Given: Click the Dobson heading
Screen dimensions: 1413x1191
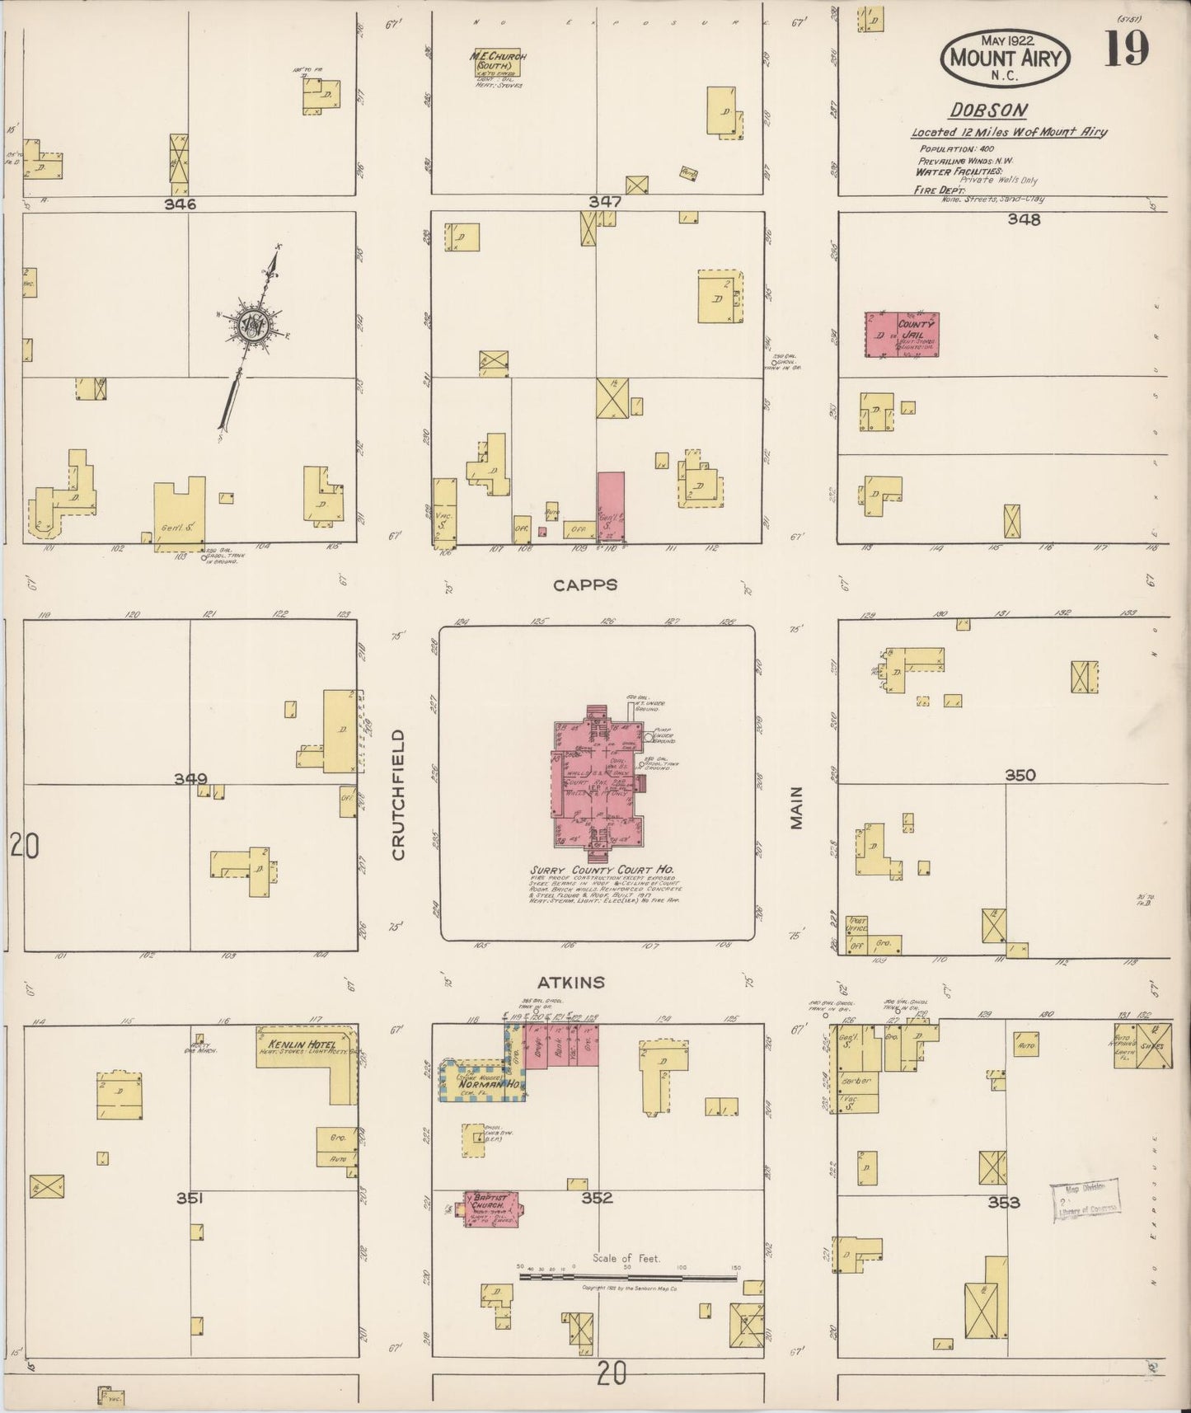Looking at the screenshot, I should pyautogui.click(x=977, y=110).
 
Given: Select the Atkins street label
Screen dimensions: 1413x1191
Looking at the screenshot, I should pyautogui.click(x=570, y=983).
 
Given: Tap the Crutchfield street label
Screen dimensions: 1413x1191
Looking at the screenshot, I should pyautogui.click(x=399, y=795).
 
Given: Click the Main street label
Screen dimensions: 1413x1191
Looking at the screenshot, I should pyautogui.click(x=796, y=807).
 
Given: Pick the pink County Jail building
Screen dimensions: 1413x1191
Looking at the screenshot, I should pyautogui.click(x=902, y=335).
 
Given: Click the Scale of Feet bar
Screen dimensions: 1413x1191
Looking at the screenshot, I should pyautogui.click(x=627, y=1278).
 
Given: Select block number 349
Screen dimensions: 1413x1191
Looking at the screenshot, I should pyautogui.click(x=190, y=778).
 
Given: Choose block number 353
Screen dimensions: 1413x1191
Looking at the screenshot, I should pyautogui.click(x=1004, y=1203).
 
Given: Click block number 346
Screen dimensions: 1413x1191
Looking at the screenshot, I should pyautogui.click(x=180, y=204).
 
